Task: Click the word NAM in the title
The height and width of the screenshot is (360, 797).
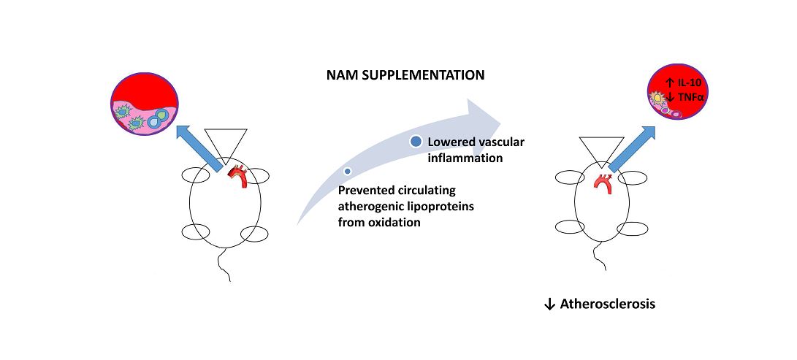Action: [x=343, y=75]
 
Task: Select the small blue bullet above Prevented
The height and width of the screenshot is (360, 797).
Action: [x=348, y=171]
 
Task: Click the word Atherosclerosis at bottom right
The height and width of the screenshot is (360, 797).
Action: [x=607, y=304]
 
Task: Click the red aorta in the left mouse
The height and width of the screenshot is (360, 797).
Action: [x=238, y=175]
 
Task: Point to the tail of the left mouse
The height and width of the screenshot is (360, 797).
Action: [x=224, y=267]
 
